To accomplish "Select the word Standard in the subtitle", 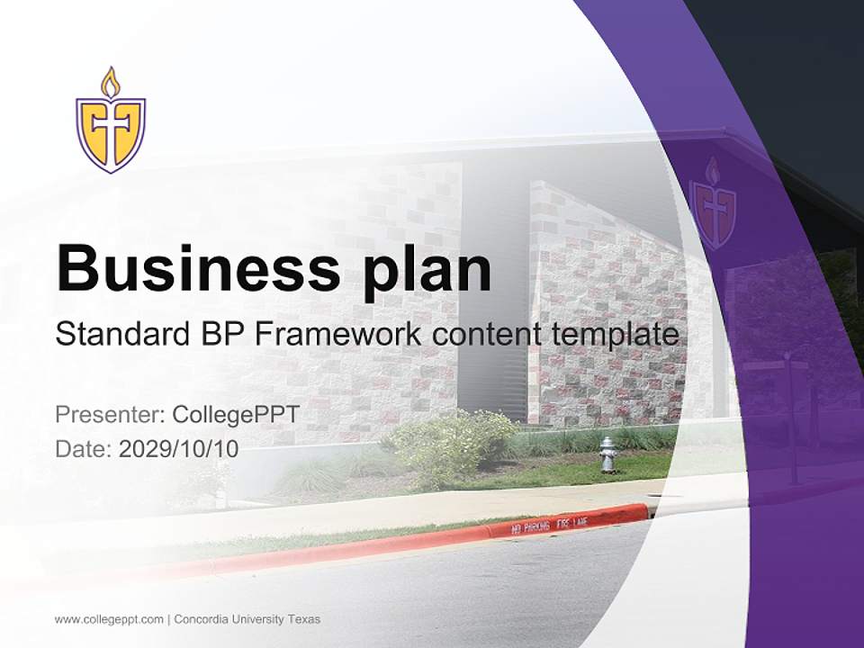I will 118,335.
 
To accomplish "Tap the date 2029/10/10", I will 179,448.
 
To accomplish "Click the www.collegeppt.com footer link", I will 109,619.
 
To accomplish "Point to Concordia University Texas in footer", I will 247,619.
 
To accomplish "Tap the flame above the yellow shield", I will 111,82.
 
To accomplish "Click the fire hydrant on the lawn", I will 609,454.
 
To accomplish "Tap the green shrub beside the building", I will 450,445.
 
